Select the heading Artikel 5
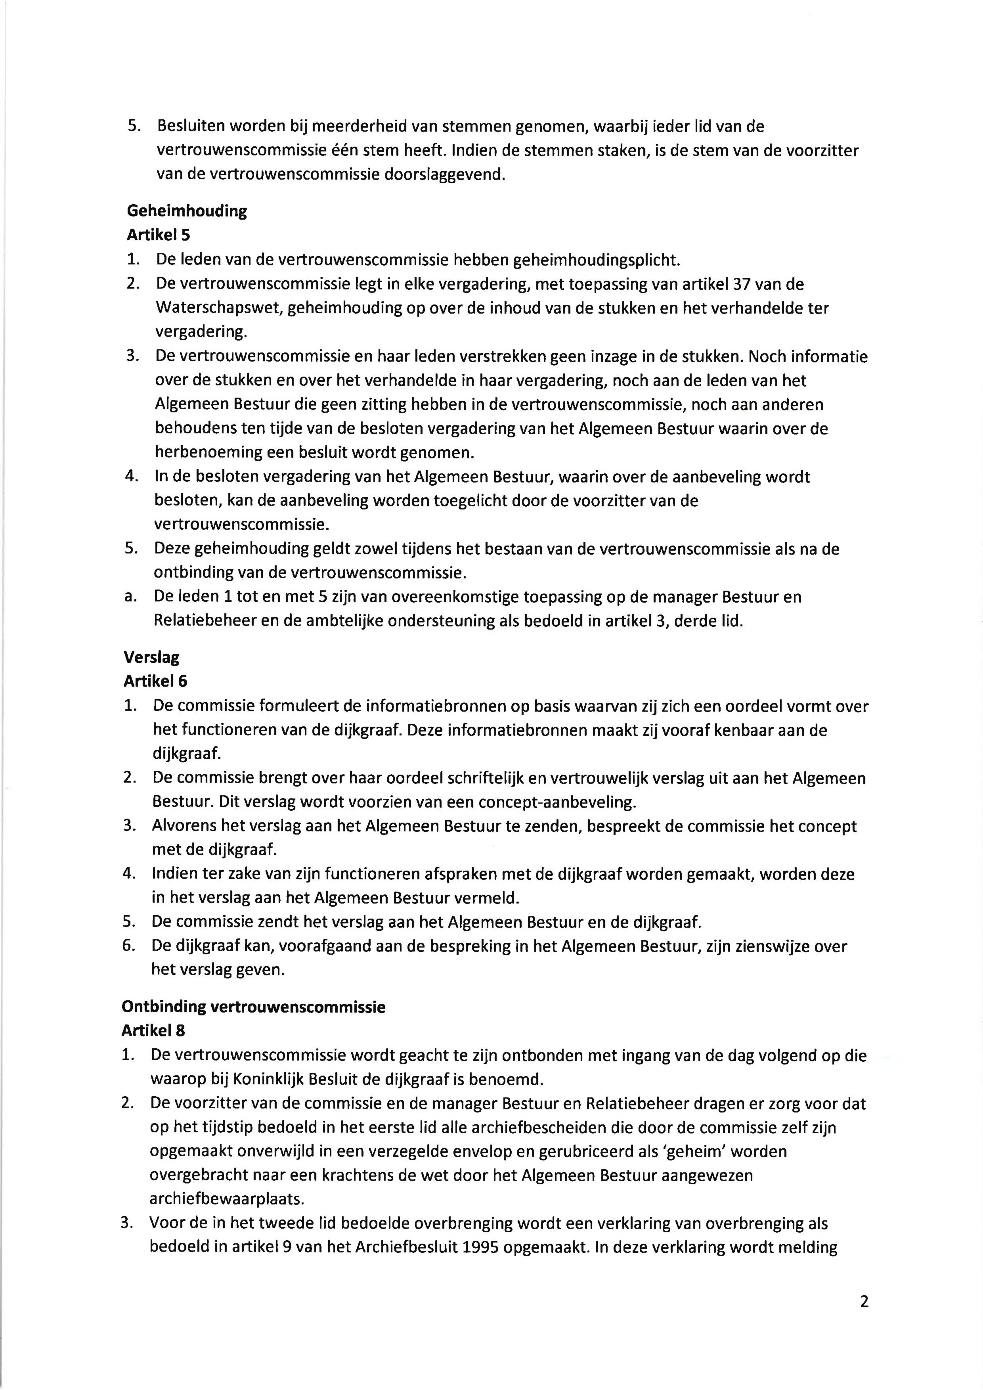[158, 235]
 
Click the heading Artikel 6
[155, 681]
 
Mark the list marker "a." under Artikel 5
[129, 597]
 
